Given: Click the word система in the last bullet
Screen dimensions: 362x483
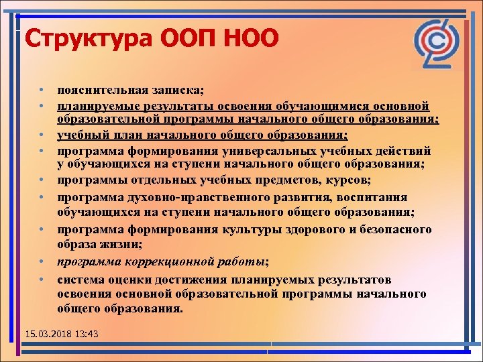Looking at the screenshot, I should click(80, 279).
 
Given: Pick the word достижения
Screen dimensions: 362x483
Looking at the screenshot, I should click(192, 279).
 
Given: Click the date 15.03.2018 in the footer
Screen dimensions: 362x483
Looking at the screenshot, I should click(46, 333).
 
